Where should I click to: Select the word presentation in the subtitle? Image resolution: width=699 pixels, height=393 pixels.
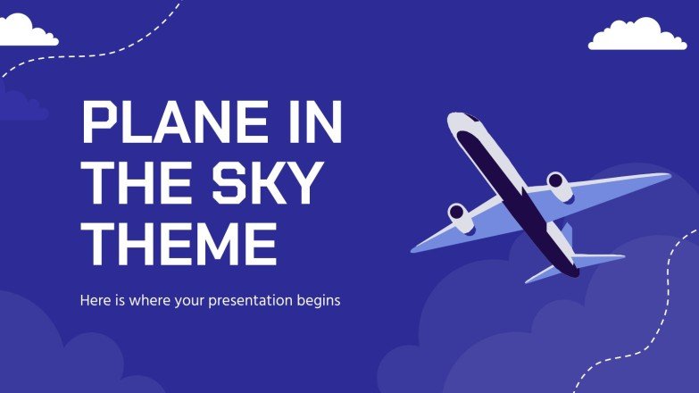pyautogui.click(x=254, y=301)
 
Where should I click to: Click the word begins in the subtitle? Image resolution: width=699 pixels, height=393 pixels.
pyautogui.click(x=319, y=301)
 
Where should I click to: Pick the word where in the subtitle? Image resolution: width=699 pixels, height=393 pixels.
pyautogui.click(x=153, y=300)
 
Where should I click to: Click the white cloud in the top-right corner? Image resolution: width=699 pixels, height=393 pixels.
pyautogui.click(x=637, y=35)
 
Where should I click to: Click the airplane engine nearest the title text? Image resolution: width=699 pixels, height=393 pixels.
pyautogui.click(x=458, y=213)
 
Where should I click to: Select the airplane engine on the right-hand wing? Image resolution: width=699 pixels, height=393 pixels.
pyautogui.click(x=558, y=184)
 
